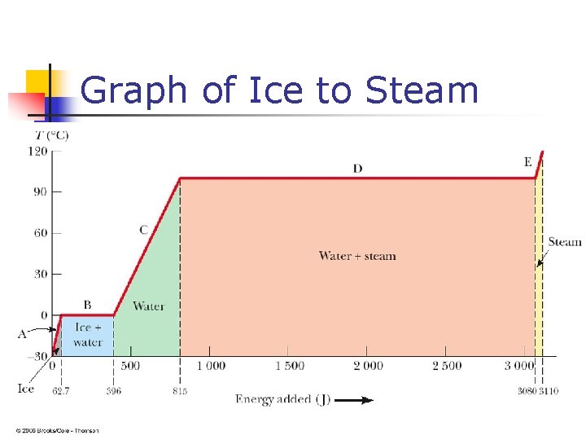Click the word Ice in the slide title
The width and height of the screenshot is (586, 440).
click(x=273, y=90)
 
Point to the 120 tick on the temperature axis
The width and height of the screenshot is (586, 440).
click(x=37, y=151)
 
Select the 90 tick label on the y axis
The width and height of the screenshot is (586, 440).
click(x=40, y=192)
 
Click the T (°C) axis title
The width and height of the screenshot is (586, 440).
click(x=51, y=134)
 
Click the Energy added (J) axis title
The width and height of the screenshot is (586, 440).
click(x=282, y=399)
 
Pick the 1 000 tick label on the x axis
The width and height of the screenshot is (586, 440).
click(x=210, y=366)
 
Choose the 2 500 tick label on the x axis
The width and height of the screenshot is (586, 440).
click(x=446, y=366)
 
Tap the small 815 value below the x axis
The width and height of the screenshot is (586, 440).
click(x=180, y=391)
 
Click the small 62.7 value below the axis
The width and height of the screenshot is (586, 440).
click(x=62, y=391)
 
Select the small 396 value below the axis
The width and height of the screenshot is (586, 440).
click(x=113, y=391)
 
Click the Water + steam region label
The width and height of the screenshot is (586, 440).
click(x=357, y=256)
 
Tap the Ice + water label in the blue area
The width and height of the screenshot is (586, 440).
click(x=87, y=335)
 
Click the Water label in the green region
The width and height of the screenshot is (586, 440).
click(x=148, y=306)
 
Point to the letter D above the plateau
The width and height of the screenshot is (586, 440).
click(x=357, y=169)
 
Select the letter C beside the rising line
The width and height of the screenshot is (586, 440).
click(x=143, y=231)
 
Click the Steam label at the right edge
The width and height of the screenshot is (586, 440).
click(x=564, y=241)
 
